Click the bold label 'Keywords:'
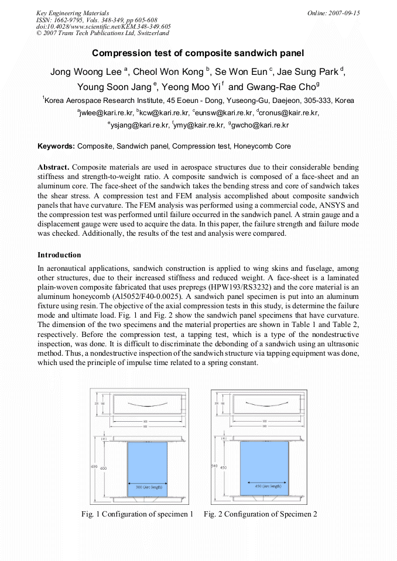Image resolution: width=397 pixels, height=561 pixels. [56, 146]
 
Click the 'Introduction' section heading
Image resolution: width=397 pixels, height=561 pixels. [59, 255]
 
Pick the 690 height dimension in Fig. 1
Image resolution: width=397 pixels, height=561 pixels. [94, 466]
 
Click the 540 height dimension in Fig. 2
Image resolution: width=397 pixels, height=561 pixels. [214, 466]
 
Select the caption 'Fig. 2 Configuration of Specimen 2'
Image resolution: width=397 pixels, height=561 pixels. [260, 514]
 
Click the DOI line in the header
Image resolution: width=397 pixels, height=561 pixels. [103, 26]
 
